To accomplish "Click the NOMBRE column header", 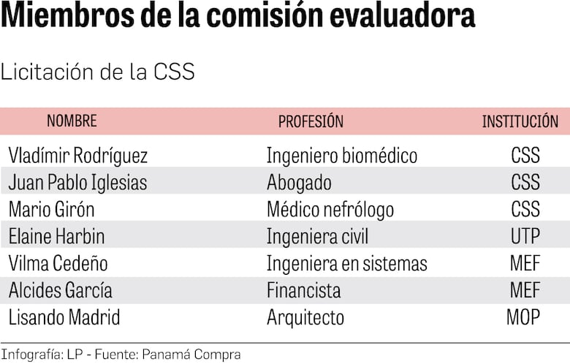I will point(72,121).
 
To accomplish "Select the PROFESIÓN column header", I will point(311,121).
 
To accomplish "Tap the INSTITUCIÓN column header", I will point(520,121).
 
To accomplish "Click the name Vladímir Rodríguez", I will point(78,156).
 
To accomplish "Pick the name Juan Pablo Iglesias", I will point(77,182).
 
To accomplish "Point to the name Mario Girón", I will point(51,209).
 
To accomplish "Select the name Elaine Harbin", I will point(56,236).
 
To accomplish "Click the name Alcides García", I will point(60,290).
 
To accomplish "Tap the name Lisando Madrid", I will point(64,317).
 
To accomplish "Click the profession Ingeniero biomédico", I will point(341,156).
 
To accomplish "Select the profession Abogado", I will point(299,182).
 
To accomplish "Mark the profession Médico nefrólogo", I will point(330,209).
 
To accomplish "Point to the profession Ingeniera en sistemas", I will point(346,263).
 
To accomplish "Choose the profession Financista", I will point(303,290).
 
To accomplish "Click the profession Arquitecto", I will point(305,317).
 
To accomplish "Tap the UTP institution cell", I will point(525,236).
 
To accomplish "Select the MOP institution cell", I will point(523,317).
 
